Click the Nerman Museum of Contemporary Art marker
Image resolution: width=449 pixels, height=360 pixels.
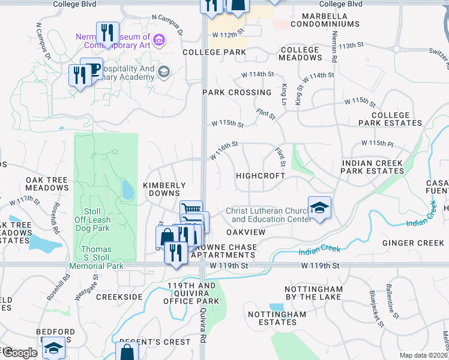point(159,40)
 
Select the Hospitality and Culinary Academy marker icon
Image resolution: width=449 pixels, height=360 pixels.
point(163,73)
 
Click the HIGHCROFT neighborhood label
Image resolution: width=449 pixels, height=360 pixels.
point(259,176)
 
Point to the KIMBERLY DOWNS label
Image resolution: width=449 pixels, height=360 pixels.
point(164,189)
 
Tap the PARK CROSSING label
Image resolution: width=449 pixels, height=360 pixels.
point(237,92)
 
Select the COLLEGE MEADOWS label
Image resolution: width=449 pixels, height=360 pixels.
point(301,53)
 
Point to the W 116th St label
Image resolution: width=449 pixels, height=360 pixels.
point(224,151)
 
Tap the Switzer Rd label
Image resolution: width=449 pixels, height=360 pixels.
point(435,52)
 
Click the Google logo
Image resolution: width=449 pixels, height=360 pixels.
point(19,352)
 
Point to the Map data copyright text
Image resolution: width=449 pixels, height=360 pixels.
point(424,355)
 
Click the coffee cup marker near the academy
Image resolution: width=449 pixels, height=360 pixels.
point(92,69)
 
